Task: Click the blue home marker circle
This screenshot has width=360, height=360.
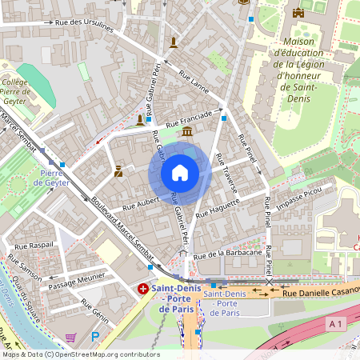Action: (x=180, y=173)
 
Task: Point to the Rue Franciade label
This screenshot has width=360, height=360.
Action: (x=189, y=120)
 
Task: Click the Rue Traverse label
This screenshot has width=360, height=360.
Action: (x=227, y=174)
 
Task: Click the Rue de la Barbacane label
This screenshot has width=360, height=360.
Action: (x=228, y=254)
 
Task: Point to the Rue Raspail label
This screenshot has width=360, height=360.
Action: (x=34, y=245)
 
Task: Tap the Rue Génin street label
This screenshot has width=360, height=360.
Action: (x=94, y=306)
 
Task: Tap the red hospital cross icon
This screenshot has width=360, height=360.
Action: (x=142, y=288)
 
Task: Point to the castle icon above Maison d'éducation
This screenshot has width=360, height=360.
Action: (x=298, y=13)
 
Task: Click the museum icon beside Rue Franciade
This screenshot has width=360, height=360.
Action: (x=186, y=131)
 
